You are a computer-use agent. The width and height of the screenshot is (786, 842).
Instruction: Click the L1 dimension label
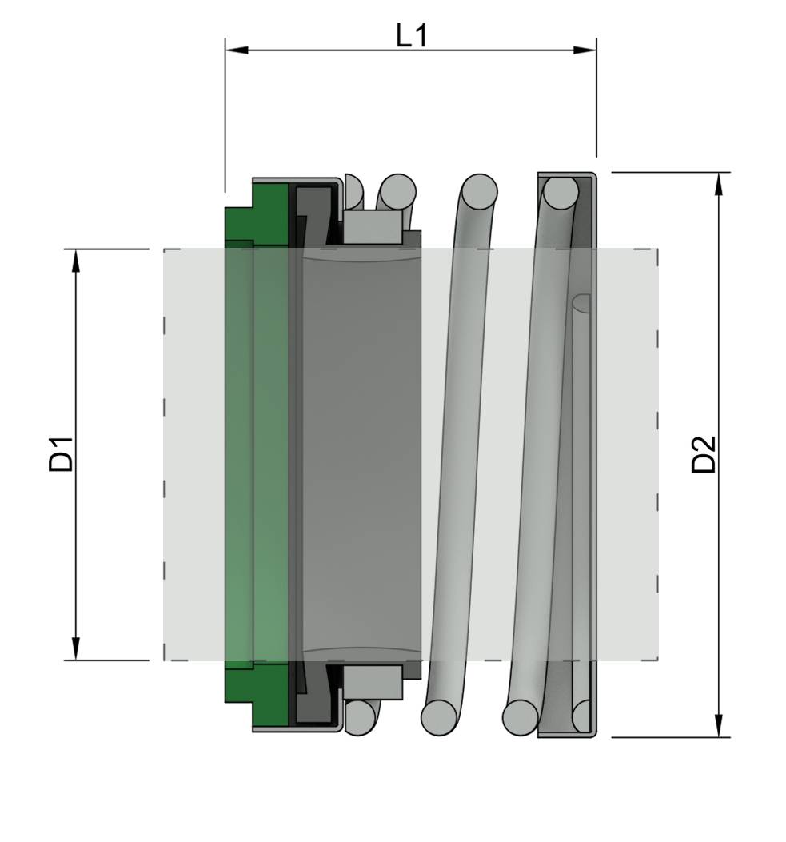(412, 35)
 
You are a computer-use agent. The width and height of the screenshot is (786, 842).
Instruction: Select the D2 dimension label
(704, 454)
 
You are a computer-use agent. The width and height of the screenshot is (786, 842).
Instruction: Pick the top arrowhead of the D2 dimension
(719, 183)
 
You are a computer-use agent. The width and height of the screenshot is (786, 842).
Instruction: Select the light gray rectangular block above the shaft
(373, 228)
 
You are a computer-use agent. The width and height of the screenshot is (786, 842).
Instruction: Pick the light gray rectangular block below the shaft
(373, 682)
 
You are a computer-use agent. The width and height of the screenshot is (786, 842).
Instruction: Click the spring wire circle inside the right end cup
(561, 193)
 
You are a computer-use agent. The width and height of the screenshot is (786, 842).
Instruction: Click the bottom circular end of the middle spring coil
(439, 716)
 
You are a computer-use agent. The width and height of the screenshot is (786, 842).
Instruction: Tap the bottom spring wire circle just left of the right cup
(521, 716)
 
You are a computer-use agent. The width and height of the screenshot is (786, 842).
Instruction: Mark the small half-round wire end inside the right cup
(582, 303)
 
